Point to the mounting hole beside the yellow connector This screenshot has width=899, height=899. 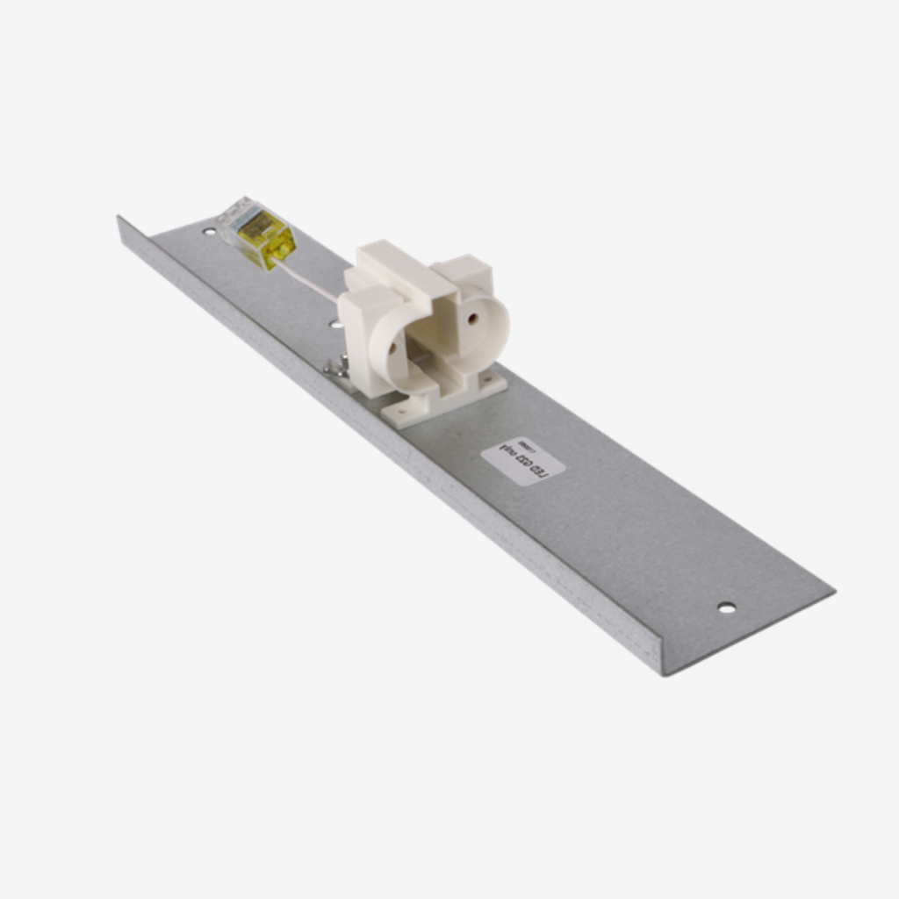209,232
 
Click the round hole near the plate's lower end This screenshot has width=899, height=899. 726,608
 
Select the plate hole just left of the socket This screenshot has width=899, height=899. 335,324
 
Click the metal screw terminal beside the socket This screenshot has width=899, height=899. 336,368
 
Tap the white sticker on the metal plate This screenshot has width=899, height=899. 523,461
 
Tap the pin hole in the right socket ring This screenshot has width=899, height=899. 472,318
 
